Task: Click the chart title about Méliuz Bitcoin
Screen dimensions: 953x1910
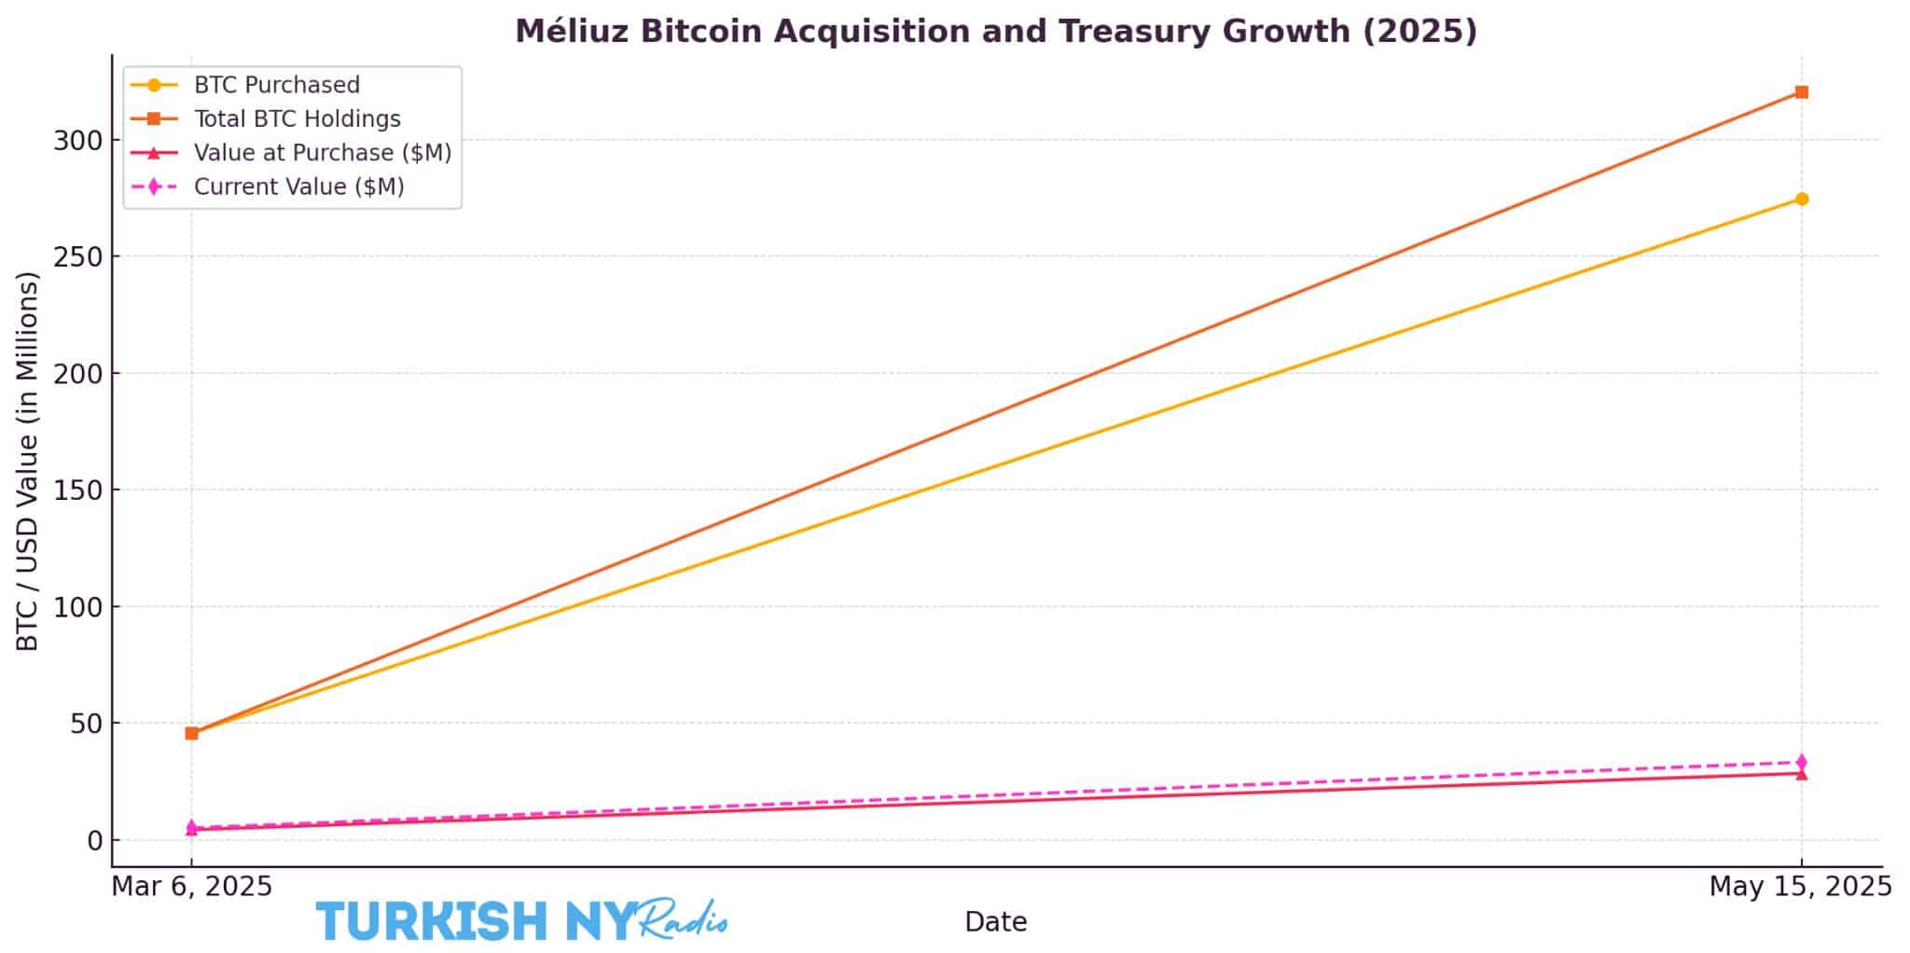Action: (x=995, y=32)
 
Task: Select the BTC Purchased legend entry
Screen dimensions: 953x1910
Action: (x=276, y=85)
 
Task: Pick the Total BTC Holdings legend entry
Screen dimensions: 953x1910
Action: (x=297, y=119)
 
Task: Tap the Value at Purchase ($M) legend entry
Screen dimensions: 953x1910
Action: (x=322, y=153)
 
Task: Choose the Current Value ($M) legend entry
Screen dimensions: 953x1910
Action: (x=298, y=186)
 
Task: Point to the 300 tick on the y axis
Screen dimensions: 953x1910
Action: (x=78, y=141)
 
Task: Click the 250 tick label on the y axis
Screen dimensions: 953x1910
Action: (x=78, y=257)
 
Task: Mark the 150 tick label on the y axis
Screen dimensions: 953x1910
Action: (x=78, y=490)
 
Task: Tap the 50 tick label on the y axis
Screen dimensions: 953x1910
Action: (x=87, y=724)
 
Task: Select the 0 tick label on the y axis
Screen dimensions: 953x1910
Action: (x=95, y=841)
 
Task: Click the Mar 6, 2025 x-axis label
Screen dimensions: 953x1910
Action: (x=192, y=887)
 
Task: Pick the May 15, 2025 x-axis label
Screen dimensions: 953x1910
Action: (x=1800, y=887)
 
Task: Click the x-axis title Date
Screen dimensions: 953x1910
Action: (x=995, y=922)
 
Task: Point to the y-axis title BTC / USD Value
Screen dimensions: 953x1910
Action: (x=28, y=461)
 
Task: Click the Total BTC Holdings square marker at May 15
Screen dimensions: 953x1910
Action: (x=1801, y=92)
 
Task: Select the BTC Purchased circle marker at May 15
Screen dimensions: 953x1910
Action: (x=1801, y=199)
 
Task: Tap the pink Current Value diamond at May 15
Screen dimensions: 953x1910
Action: (x=1801, y=762)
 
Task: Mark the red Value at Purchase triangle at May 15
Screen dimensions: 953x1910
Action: (x=1801, y=774)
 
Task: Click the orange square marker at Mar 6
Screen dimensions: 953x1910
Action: (x=191, y=733)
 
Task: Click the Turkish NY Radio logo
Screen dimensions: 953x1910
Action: (x=521, y=920)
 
